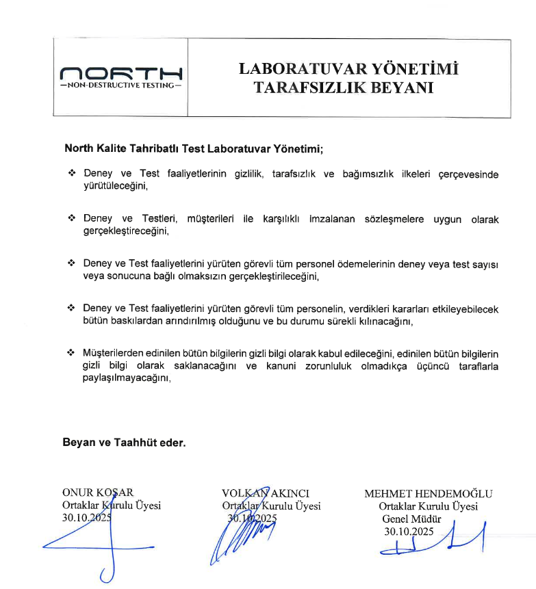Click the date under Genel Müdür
click(x=409, y=531)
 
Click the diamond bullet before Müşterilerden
click(x=71, y=353)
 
